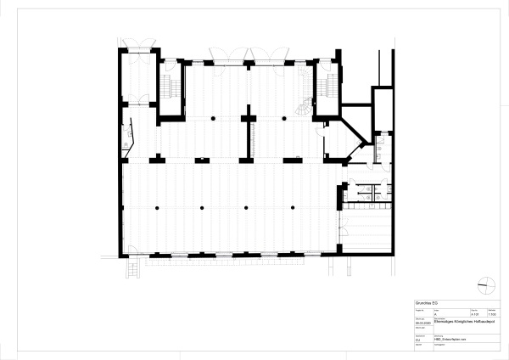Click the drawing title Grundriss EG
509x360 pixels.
425,302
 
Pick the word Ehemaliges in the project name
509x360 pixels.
444,323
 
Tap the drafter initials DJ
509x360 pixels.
417,340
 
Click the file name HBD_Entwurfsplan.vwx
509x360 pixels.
451,340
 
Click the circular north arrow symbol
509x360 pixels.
484,284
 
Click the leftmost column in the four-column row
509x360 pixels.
158,207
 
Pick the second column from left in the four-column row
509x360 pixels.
202,207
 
